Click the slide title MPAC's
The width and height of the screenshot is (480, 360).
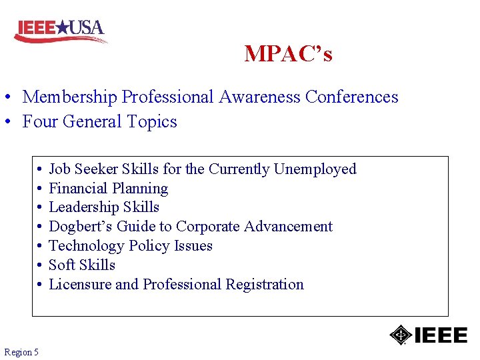tap(288, 53)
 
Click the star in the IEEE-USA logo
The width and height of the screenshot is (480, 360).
tap(61, 27)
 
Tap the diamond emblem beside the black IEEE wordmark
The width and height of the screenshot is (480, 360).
tap(400, 334)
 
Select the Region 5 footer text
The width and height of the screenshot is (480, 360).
tap(21, 351)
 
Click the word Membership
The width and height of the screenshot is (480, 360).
tap(70, 97)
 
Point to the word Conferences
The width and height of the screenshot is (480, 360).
tap(351, 97)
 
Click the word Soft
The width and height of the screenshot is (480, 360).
tap(62, 265)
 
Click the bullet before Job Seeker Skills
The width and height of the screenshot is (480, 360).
tap(40, 170)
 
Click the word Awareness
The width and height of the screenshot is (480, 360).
tap(259, 97)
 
